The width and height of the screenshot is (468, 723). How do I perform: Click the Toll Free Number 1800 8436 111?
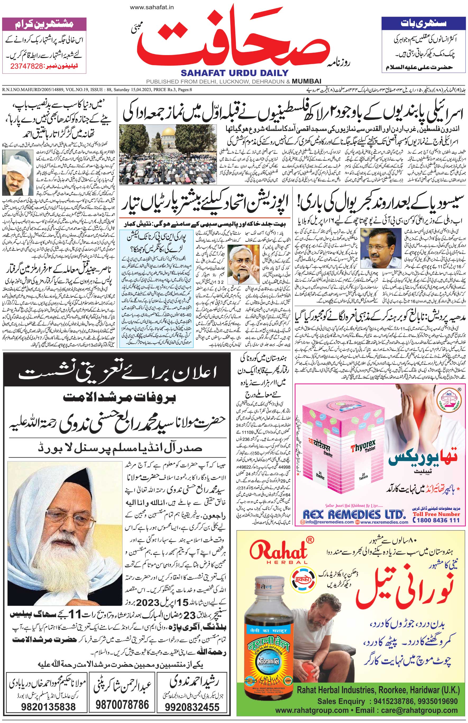pos(437,520)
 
